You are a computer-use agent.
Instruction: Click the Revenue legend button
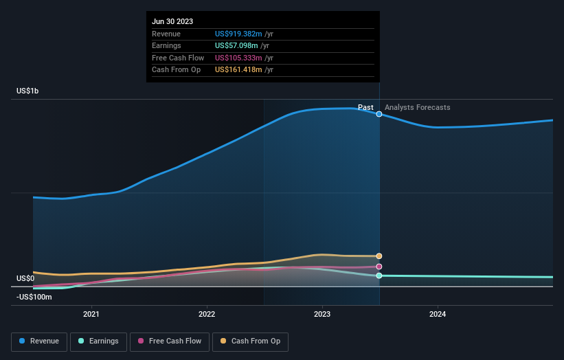(39, 341)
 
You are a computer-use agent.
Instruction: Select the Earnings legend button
(98, 341)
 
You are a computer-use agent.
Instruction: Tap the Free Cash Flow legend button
(169, 341)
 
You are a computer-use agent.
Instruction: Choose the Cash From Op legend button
(249, 341)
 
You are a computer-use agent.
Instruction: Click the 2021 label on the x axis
(91, 315)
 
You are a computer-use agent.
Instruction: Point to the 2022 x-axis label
(206, 315)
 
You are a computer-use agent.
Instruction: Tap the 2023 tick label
(322, 315)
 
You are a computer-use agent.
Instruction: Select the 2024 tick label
(438, 315)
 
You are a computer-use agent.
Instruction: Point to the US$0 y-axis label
(25, 278)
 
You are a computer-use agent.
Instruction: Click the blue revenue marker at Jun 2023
(379, 114)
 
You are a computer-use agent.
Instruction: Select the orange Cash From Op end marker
(379, 256)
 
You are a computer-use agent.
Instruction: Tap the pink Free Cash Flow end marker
(379, 267)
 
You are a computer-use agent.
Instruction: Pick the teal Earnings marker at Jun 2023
(379, 275)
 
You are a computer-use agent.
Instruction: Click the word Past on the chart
(365, 107)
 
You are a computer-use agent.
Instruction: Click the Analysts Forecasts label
(418, 107)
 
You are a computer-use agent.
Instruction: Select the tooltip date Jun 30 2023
(172, 21)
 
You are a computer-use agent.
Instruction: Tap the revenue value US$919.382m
(238, 34)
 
